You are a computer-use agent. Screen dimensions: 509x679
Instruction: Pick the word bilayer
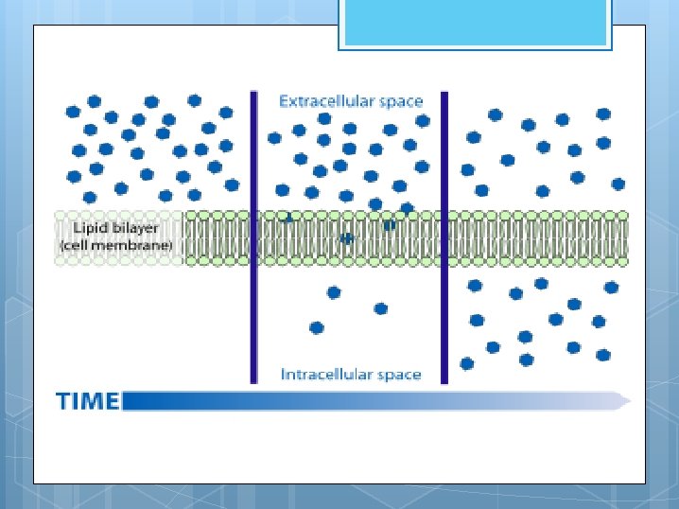[x=136, y=228]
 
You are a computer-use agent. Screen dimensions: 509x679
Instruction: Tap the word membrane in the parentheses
[x=140, y=245]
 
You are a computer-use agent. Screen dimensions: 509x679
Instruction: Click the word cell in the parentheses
[x=82, y=245]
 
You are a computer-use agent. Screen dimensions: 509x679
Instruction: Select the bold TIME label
[x=87, y=401]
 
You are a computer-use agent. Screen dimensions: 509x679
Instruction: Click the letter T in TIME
[x=63, y=401]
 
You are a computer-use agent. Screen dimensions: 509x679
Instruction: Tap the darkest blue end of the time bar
[x=129, y=401]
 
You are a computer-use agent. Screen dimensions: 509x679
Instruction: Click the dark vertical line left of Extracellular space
[x=253, y=237]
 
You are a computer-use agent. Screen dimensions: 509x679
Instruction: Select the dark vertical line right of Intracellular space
[x=444, y=237]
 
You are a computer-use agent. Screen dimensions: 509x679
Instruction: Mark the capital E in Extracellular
[x=283, y=100]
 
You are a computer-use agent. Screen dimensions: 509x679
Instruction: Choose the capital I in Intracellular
[x=284, y=375]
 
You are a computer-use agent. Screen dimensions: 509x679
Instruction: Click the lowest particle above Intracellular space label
[x=316, y=327]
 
